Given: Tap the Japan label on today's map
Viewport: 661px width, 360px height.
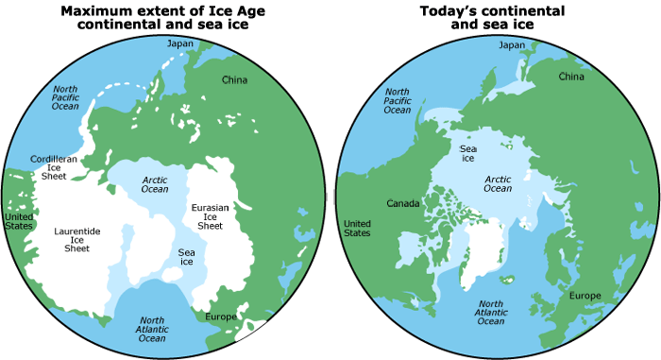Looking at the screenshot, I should (511, 44).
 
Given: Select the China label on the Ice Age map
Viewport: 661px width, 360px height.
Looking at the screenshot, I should (234, 79).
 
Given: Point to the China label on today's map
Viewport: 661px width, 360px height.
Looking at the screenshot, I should (571, 76).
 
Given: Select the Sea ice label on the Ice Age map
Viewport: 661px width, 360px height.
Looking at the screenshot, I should (186, 259).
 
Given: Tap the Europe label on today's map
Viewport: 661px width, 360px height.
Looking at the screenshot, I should (585, 296).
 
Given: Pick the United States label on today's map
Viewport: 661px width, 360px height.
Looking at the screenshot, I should (357, 227).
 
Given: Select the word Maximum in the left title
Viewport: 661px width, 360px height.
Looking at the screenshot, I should (98, 11).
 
